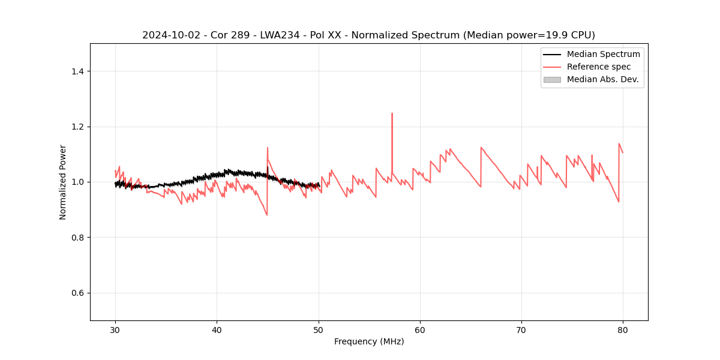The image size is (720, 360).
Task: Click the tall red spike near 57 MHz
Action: tap(392, 114)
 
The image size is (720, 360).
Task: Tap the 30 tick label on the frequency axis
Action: tap(115, 330)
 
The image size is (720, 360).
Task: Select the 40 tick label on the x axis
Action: tap(217, 330)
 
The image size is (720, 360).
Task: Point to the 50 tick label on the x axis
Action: tap(319, 330)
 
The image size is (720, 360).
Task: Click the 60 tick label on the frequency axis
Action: tap(420, 330)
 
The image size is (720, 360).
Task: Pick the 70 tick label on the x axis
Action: tap(521, 330)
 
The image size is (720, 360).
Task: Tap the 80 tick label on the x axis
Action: tap(623, 330)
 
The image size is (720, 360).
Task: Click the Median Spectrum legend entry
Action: tap(603, 54)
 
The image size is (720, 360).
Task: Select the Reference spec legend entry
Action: tap(598, 67)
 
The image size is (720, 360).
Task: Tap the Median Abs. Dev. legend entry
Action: tap(602, 79)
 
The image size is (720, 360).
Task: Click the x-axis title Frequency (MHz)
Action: tap(369, 341)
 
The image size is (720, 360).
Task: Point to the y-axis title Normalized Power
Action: tap(63, 182)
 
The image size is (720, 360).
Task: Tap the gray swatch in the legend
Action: tap(552, 79)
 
